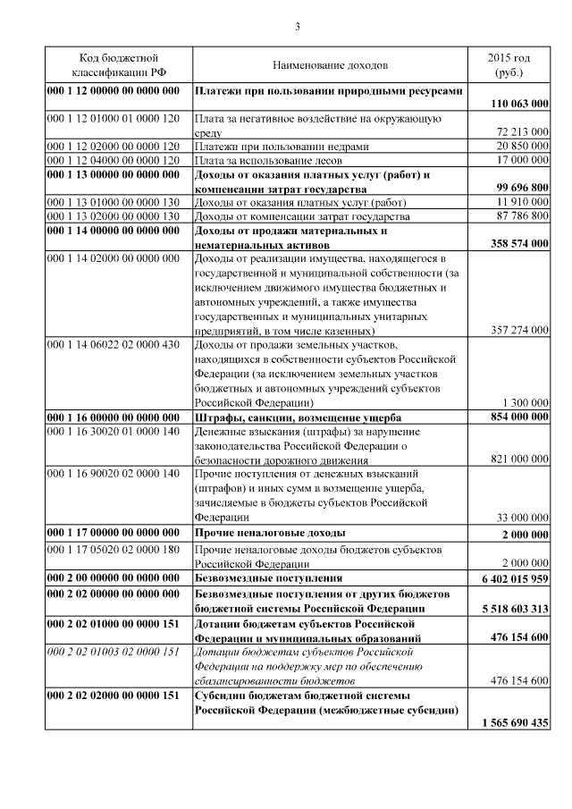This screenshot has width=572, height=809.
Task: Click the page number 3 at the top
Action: (297, 26)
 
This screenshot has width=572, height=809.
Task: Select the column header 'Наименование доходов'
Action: (330, 66)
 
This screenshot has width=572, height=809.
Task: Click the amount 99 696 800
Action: (517, 190)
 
